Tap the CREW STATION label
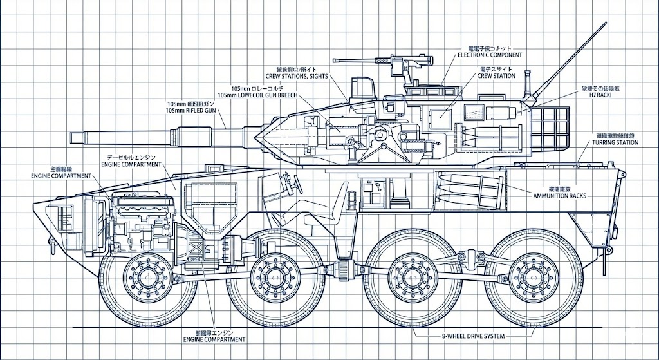pyautogui.click(x=496, y=75)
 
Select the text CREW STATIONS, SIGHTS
pyautogui.click(x=297, y=76)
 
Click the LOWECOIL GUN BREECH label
pyautogui.click(x=258, y=95)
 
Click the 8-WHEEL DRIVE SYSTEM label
pyautogui.click(x=472, y=336)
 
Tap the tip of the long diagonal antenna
pyautogui.click(x=606, y=24)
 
